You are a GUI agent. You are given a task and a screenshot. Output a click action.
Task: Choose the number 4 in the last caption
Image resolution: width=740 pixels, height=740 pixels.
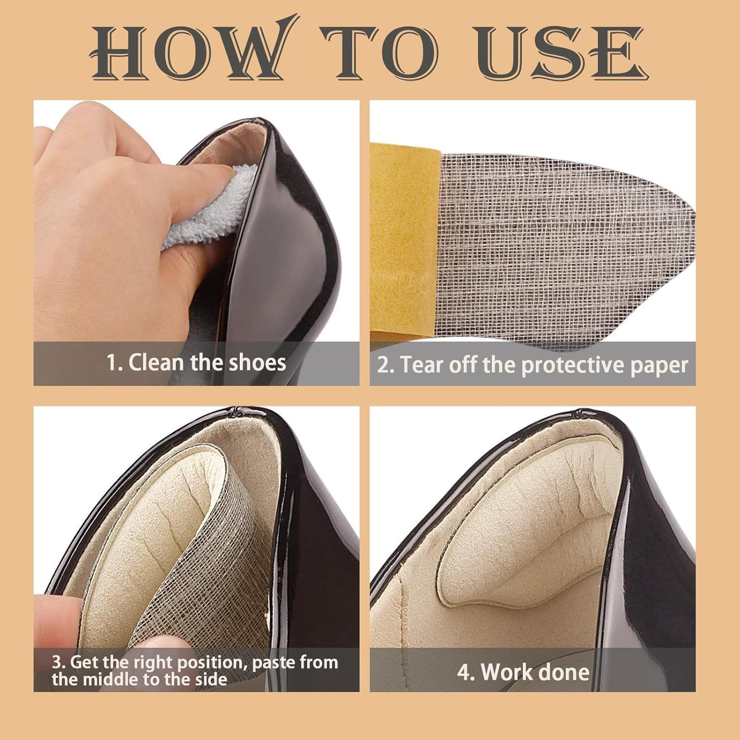pyautogui.click(x=464, y=673)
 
